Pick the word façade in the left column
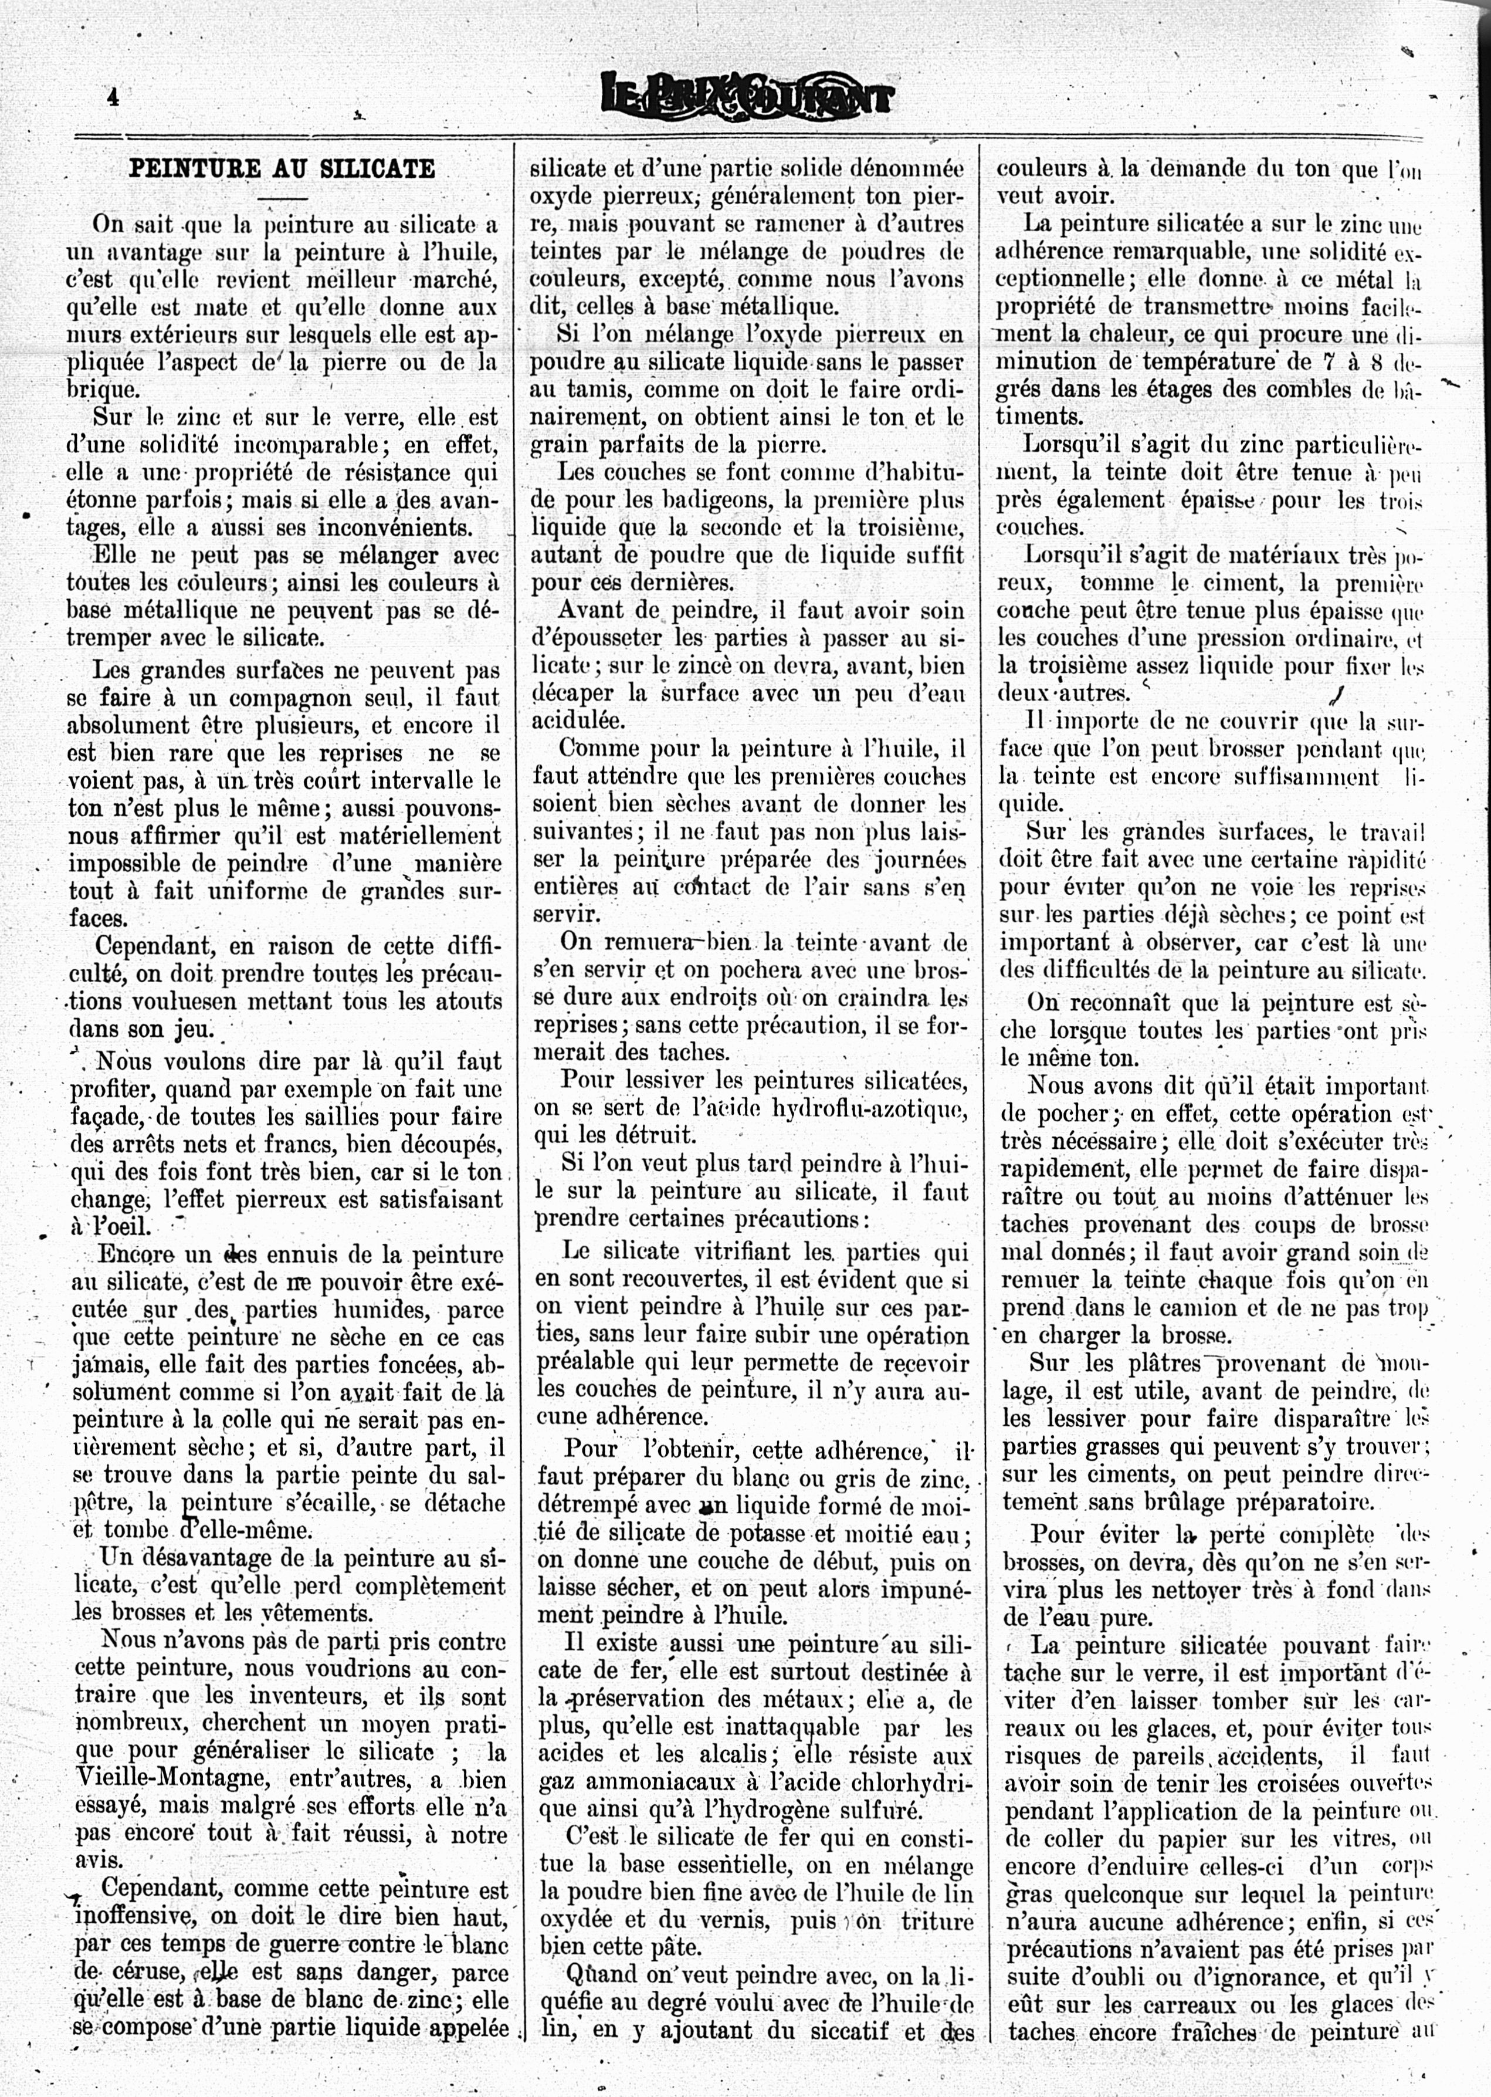click(107, 1117)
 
